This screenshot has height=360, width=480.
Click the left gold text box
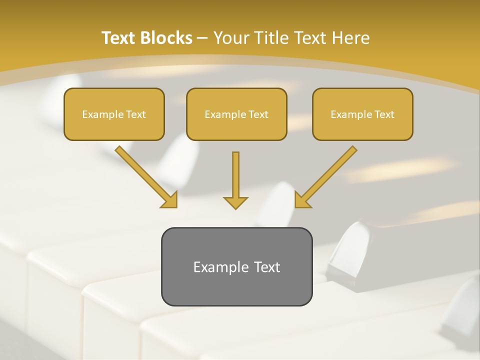[x=114, y=114]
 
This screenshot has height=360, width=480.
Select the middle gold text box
[x=236, y=114]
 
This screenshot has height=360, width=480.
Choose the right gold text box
[x=362, y=114]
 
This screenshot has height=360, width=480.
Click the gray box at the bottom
[x=236, y=266]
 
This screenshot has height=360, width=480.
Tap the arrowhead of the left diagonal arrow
[x=170, y=201]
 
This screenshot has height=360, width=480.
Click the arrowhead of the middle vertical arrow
[x=235, y=203]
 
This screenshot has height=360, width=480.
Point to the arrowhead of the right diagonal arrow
[x=301, y=201]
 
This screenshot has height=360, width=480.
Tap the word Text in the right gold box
[x=384, y=114]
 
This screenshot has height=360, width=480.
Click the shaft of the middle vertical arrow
[x=235, y=172]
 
